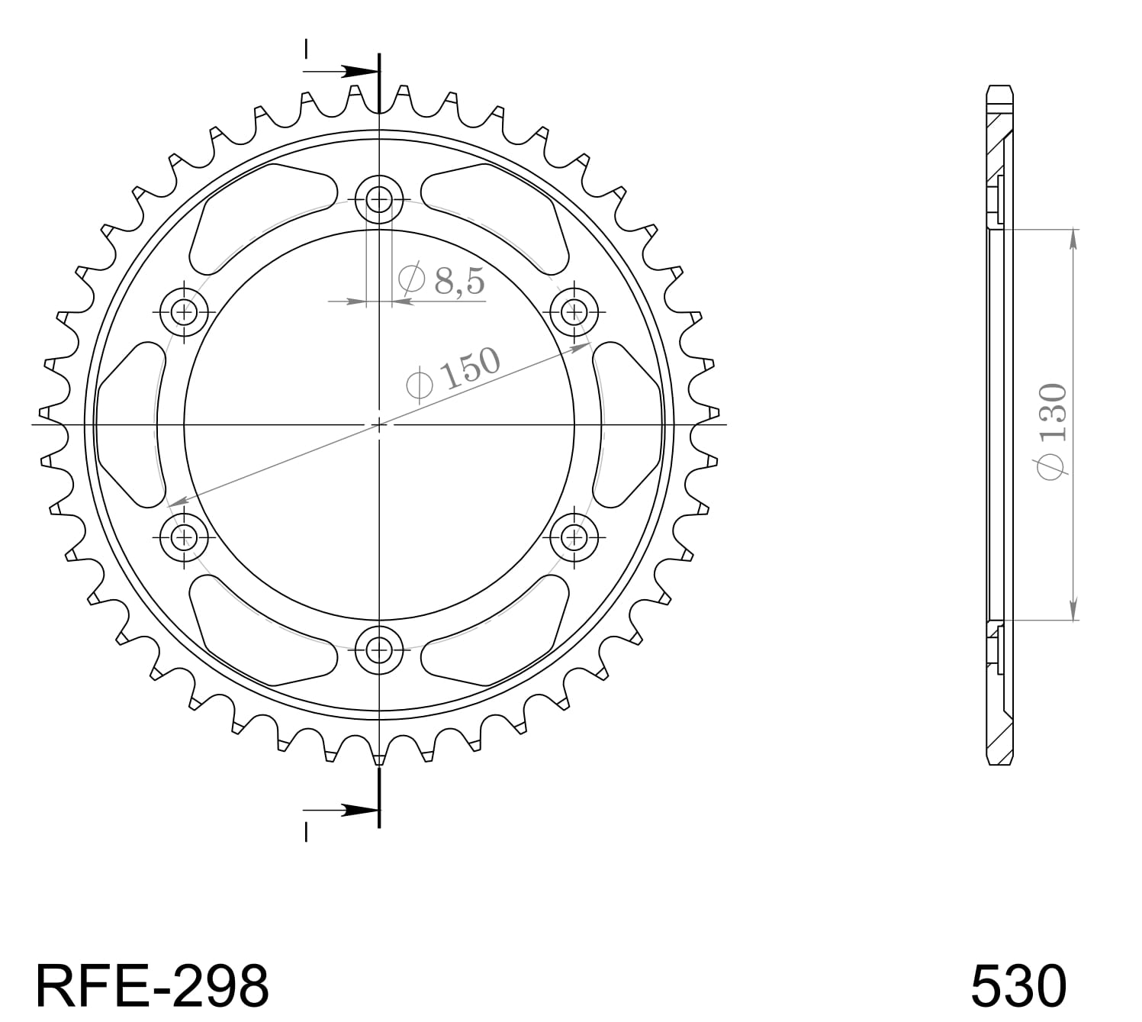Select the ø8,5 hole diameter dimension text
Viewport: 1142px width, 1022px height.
point(442,281)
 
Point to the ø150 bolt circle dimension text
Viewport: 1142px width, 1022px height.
point(455,373)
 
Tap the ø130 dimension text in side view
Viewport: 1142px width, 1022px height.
point(1052,432)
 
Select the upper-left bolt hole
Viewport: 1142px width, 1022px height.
point(184,311)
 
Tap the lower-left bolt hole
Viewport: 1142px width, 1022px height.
point(184,537)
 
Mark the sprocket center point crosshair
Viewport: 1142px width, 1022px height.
point(379,424)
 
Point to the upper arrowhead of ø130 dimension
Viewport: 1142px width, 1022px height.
point(1074,237)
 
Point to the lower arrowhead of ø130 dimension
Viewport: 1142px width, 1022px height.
point(1074,611)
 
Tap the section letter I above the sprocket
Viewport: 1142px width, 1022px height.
point(306,49)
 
